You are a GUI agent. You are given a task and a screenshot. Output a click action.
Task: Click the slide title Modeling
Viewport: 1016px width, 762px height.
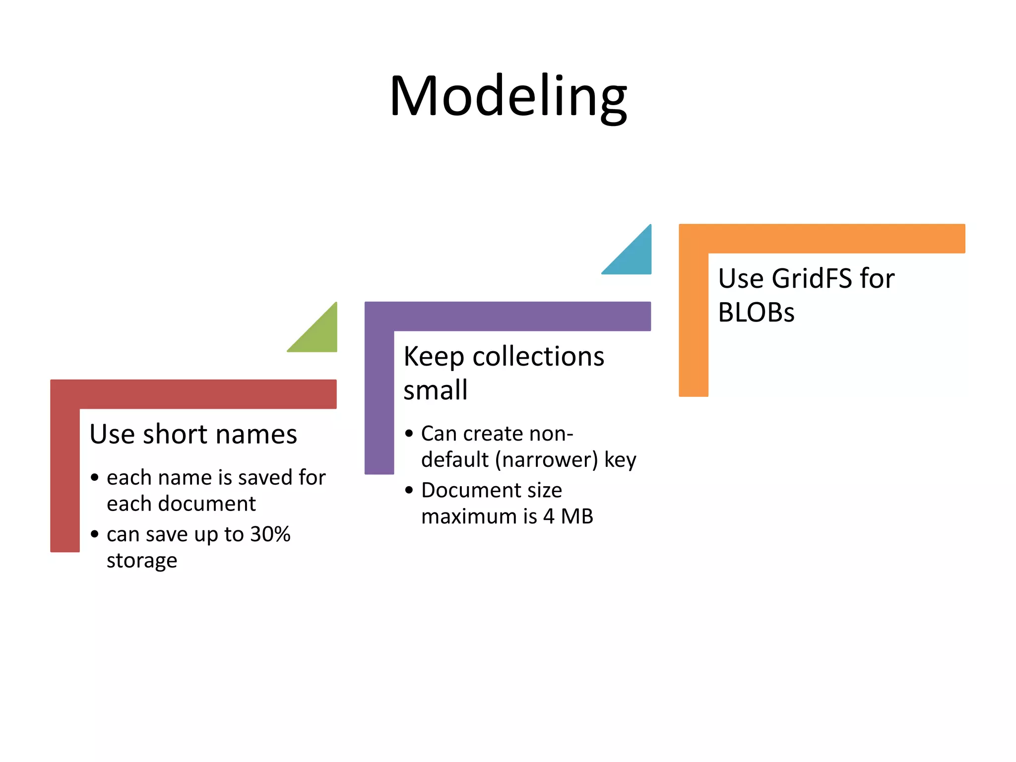tap(508, 97)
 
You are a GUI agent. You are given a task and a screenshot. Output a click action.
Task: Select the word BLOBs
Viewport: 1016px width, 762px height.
tap(756, 313)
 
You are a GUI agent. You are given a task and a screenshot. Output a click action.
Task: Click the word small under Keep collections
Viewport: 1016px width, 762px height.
tap(435, 390)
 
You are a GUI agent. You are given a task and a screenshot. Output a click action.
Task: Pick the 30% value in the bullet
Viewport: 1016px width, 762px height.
tap(270, 534)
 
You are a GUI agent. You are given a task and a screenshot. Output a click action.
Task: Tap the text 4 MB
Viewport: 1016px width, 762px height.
tap(568, 516)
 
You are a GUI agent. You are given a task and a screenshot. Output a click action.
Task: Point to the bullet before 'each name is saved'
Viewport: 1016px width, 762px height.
tap(95, 478)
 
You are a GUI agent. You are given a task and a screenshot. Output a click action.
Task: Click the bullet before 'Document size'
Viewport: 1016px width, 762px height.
tap(409, 491)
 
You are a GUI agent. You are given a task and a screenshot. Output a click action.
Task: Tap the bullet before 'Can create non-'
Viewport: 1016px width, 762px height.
tap(409, 434)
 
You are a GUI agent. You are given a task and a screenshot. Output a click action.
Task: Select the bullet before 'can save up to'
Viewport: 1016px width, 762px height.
tap(95, 534)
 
